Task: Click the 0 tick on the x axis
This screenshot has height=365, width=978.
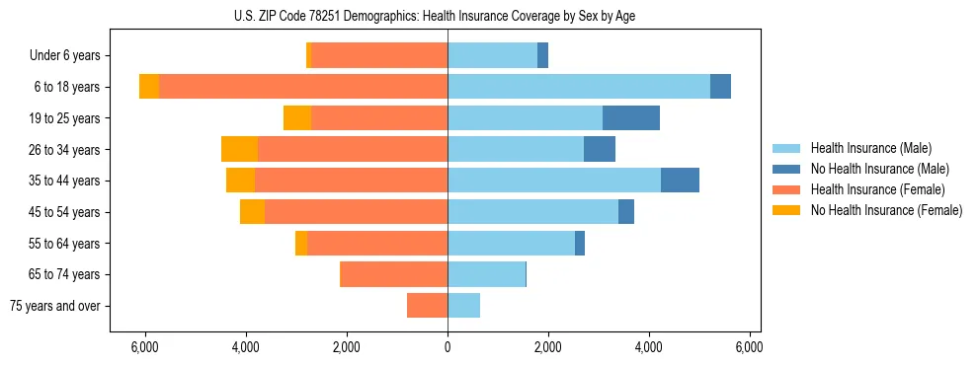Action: (448, 347)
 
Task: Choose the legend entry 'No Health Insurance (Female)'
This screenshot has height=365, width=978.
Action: (886, 210)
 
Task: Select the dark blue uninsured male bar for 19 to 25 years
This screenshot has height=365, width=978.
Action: (631, 118)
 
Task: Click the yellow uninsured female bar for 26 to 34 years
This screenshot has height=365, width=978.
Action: (239, 149)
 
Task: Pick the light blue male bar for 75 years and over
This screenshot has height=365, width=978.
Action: (463, 306)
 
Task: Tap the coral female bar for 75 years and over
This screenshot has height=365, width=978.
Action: (427, 306)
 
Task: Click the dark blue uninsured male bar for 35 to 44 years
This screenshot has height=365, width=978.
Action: (680, 181)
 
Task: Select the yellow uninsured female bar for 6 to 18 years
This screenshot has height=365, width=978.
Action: (149, 87)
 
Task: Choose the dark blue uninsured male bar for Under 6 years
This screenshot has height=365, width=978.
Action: (542, 55)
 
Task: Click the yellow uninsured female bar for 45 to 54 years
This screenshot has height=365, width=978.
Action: (252, 212)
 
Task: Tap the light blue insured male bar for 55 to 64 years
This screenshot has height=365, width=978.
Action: (511, 243)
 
